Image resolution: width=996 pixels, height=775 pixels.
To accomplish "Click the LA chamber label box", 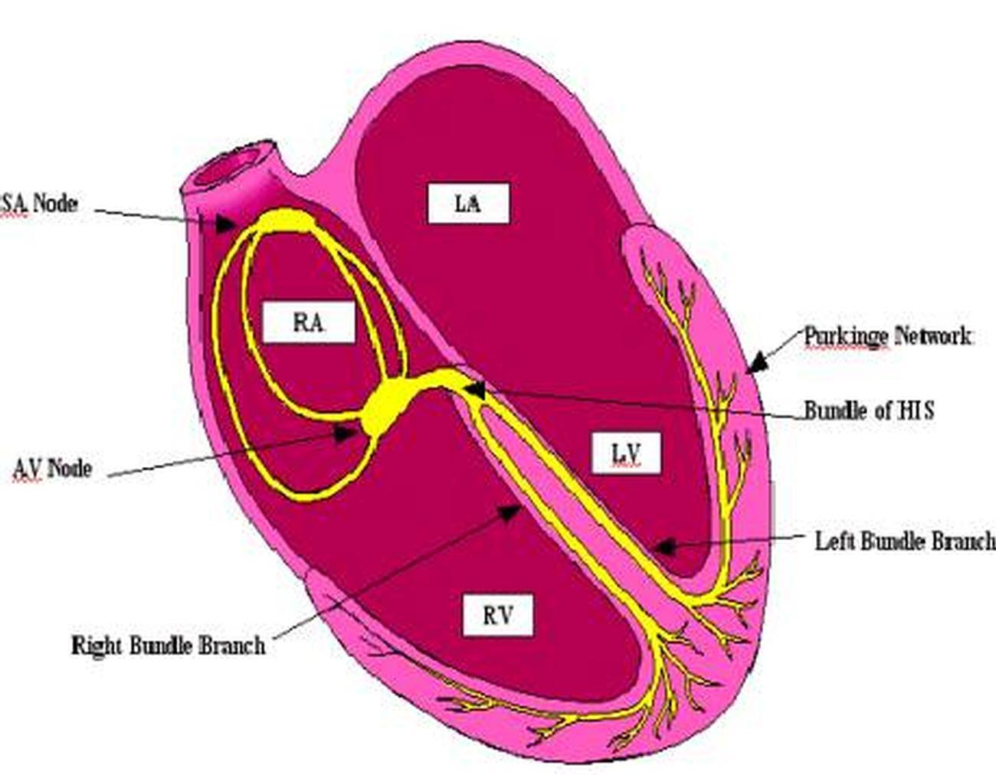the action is [468, 204].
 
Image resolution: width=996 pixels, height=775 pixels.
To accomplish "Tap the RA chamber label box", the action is [309, 322].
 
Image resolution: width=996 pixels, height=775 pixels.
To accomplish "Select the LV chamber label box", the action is [626, 453].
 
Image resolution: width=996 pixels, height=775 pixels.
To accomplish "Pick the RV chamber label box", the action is [498, 615].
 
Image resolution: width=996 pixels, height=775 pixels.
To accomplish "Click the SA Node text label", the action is [38, 203].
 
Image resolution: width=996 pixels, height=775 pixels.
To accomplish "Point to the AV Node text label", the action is [52, 468].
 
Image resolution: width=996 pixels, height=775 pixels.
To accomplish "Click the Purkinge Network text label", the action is [887, 336].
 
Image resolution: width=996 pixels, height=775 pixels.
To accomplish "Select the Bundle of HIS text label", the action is [869, 410].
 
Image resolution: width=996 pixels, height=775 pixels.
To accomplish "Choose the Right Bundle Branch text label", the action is [169, 646].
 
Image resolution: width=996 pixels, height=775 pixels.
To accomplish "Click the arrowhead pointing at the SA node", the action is [226, 224].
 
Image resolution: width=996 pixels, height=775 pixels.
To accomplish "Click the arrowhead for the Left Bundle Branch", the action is [663, 547].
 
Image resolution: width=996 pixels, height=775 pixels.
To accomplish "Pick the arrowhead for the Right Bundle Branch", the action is [510, 512].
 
